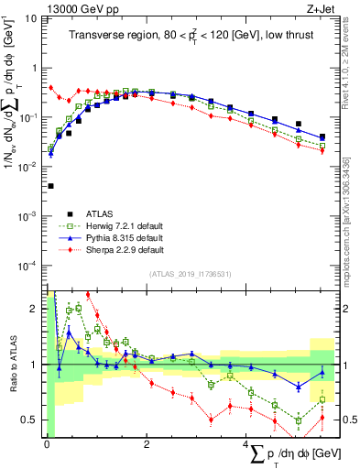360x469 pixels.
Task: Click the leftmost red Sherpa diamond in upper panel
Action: click(50, 88)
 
